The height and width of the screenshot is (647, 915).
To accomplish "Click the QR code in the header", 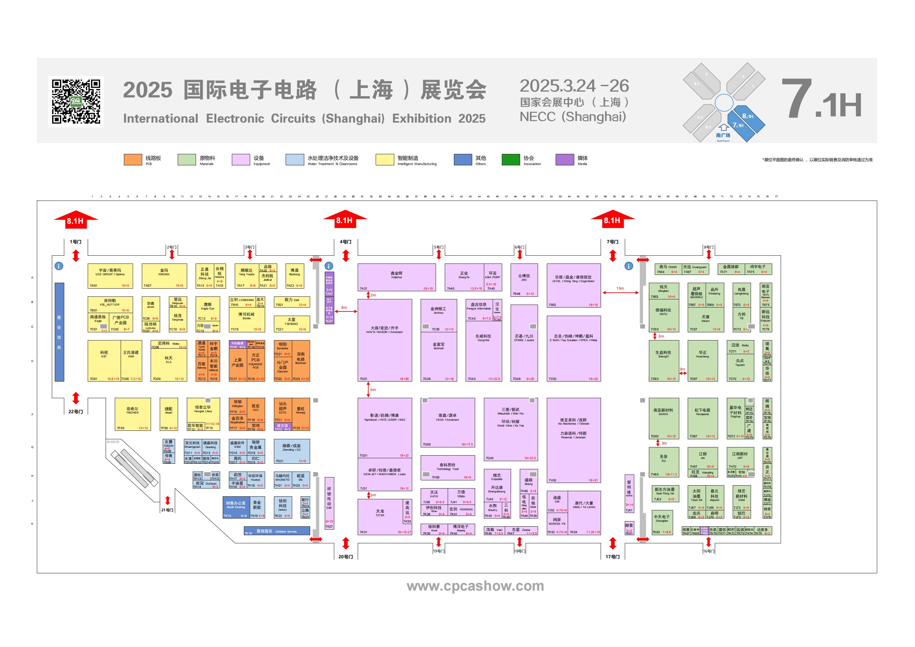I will pos(76,102).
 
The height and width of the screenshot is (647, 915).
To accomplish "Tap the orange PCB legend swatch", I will pos(133,159).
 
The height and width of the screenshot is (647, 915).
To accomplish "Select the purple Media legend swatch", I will pos(564,159).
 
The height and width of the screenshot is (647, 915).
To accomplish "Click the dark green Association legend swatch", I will pos(511,159).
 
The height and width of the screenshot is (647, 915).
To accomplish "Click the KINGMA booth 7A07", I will pos(164,276).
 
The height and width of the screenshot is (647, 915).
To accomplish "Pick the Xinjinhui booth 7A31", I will pos(396,277).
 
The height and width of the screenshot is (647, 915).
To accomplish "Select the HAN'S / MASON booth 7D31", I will pos(384,340).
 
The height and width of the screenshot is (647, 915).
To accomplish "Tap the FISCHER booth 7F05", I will pos(133,414).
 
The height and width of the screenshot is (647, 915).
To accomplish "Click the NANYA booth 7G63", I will pos(663,418).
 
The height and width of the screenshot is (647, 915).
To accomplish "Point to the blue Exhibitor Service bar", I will pos(277,531).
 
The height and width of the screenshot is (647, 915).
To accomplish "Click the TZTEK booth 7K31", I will pos(380,516).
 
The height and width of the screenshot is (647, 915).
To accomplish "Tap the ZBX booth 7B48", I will pos(524,279).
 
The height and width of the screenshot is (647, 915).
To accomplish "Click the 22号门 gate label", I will pos(75,412).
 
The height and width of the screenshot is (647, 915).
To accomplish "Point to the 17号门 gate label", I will pos(612,557).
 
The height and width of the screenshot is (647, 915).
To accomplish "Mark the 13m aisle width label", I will pos(620,288).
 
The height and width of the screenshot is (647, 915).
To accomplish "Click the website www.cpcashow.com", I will pos(475,586).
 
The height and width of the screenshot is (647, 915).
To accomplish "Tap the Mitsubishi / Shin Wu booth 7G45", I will pos(511,429).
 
